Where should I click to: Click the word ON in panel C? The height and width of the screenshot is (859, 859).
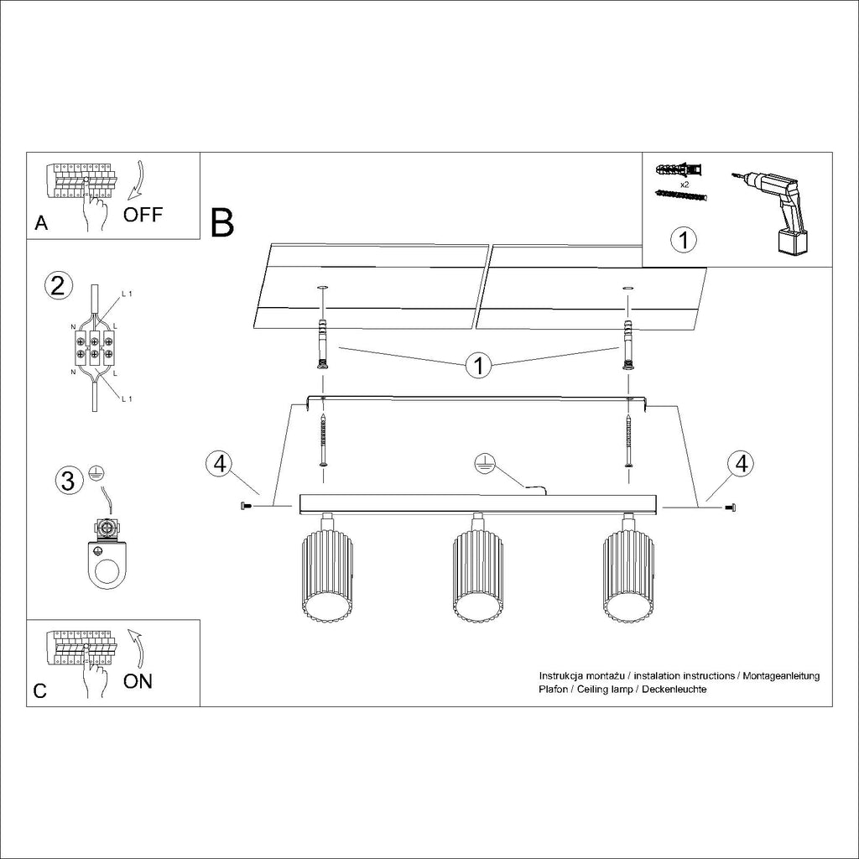[138, 680]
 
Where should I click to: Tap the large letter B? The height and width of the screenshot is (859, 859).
[222, 222]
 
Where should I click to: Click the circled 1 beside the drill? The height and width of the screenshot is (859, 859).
[684, 241]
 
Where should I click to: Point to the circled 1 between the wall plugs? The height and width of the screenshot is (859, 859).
[479, 366]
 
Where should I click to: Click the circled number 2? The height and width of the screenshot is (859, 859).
[57, 286]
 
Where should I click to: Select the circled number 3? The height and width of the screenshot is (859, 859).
[70, 481]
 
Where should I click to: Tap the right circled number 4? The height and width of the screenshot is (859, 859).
[740, 464]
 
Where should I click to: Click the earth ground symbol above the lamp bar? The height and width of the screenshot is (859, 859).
[482, 461]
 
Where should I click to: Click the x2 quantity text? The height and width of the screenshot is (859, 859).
[684, 183]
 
